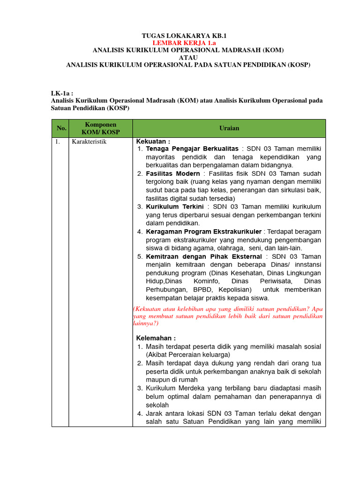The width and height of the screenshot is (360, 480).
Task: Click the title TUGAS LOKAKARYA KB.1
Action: point(180,36)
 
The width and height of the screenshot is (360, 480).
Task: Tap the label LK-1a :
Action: point(62,93)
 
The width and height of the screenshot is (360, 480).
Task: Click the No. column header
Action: point(61,128)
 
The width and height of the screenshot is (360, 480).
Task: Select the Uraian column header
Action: point(229,128)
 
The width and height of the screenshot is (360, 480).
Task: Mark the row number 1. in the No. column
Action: point(57,142)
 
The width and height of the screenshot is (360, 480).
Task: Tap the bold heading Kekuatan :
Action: point(153,142)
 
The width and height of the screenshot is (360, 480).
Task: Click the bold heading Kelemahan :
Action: point(156,338)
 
